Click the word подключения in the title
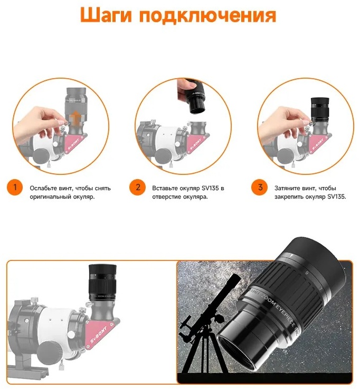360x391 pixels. (208, 16)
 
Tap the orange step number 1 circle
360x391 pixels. (15, 187)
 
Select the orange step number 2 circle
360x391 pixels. (138, 187)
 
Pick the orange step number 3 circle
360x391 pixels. (260, 187)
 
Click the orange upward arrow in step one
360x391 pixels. (75, 118)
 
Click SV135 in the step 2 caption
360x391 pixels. (210, 188)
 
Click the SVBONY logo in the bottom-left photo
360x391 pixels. (99, 334)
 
